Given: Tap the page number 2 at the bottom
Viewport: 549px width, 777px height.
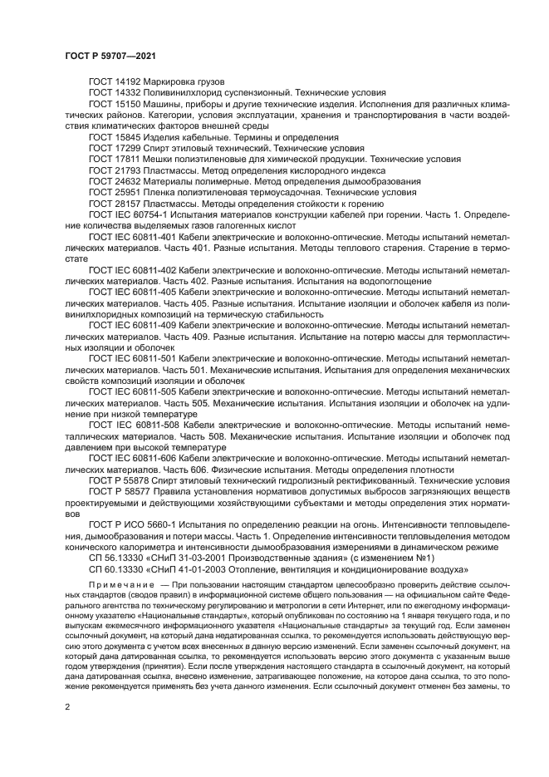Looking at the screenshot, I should click(68, 706).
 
